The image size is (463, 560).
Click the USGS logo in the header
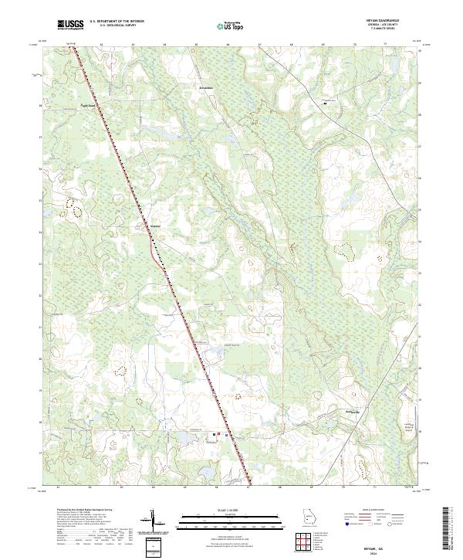70,25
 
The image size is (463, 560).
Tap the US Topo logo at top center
231,25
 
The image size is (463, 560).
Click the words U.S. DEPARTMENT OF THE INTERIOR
116,22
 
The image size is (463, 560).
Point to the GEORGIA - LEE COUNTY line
388,26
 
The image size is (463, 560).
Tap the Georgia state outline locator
309,518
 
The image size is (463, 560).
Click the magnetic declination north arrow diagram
157,521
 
